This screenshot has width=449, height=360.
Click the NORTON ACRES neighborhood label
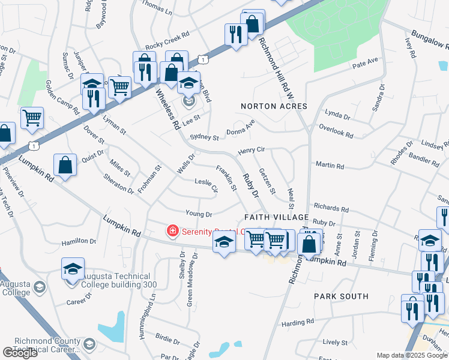click(274, 106)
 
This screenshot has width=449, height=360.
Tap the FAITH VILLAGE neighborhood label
click(277, 217)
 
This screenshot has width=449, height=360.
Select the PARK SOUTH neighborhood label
click(341, 296)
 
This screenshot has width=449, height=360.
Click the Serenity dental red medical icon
click(172, 230)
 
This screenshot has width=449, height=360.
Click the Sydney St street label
click(204, 137)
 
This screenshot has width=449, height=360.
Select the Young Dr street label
click(199, 214)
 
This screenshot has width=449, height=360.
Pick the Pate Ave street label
click(366, 62)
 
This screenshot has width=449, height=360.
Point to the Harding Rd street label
click(298, 323)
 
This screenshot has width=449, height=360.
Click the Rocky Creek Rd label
click(167, 41)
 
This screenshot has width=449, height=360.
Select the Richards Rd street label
click(330, 207)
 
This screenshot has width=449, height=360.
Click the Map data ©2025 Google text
click(403, 355)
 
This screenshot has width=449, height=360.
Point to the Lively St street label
click(331, 342)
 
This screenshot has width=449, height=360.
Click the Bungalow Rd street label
click(428, 40)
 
